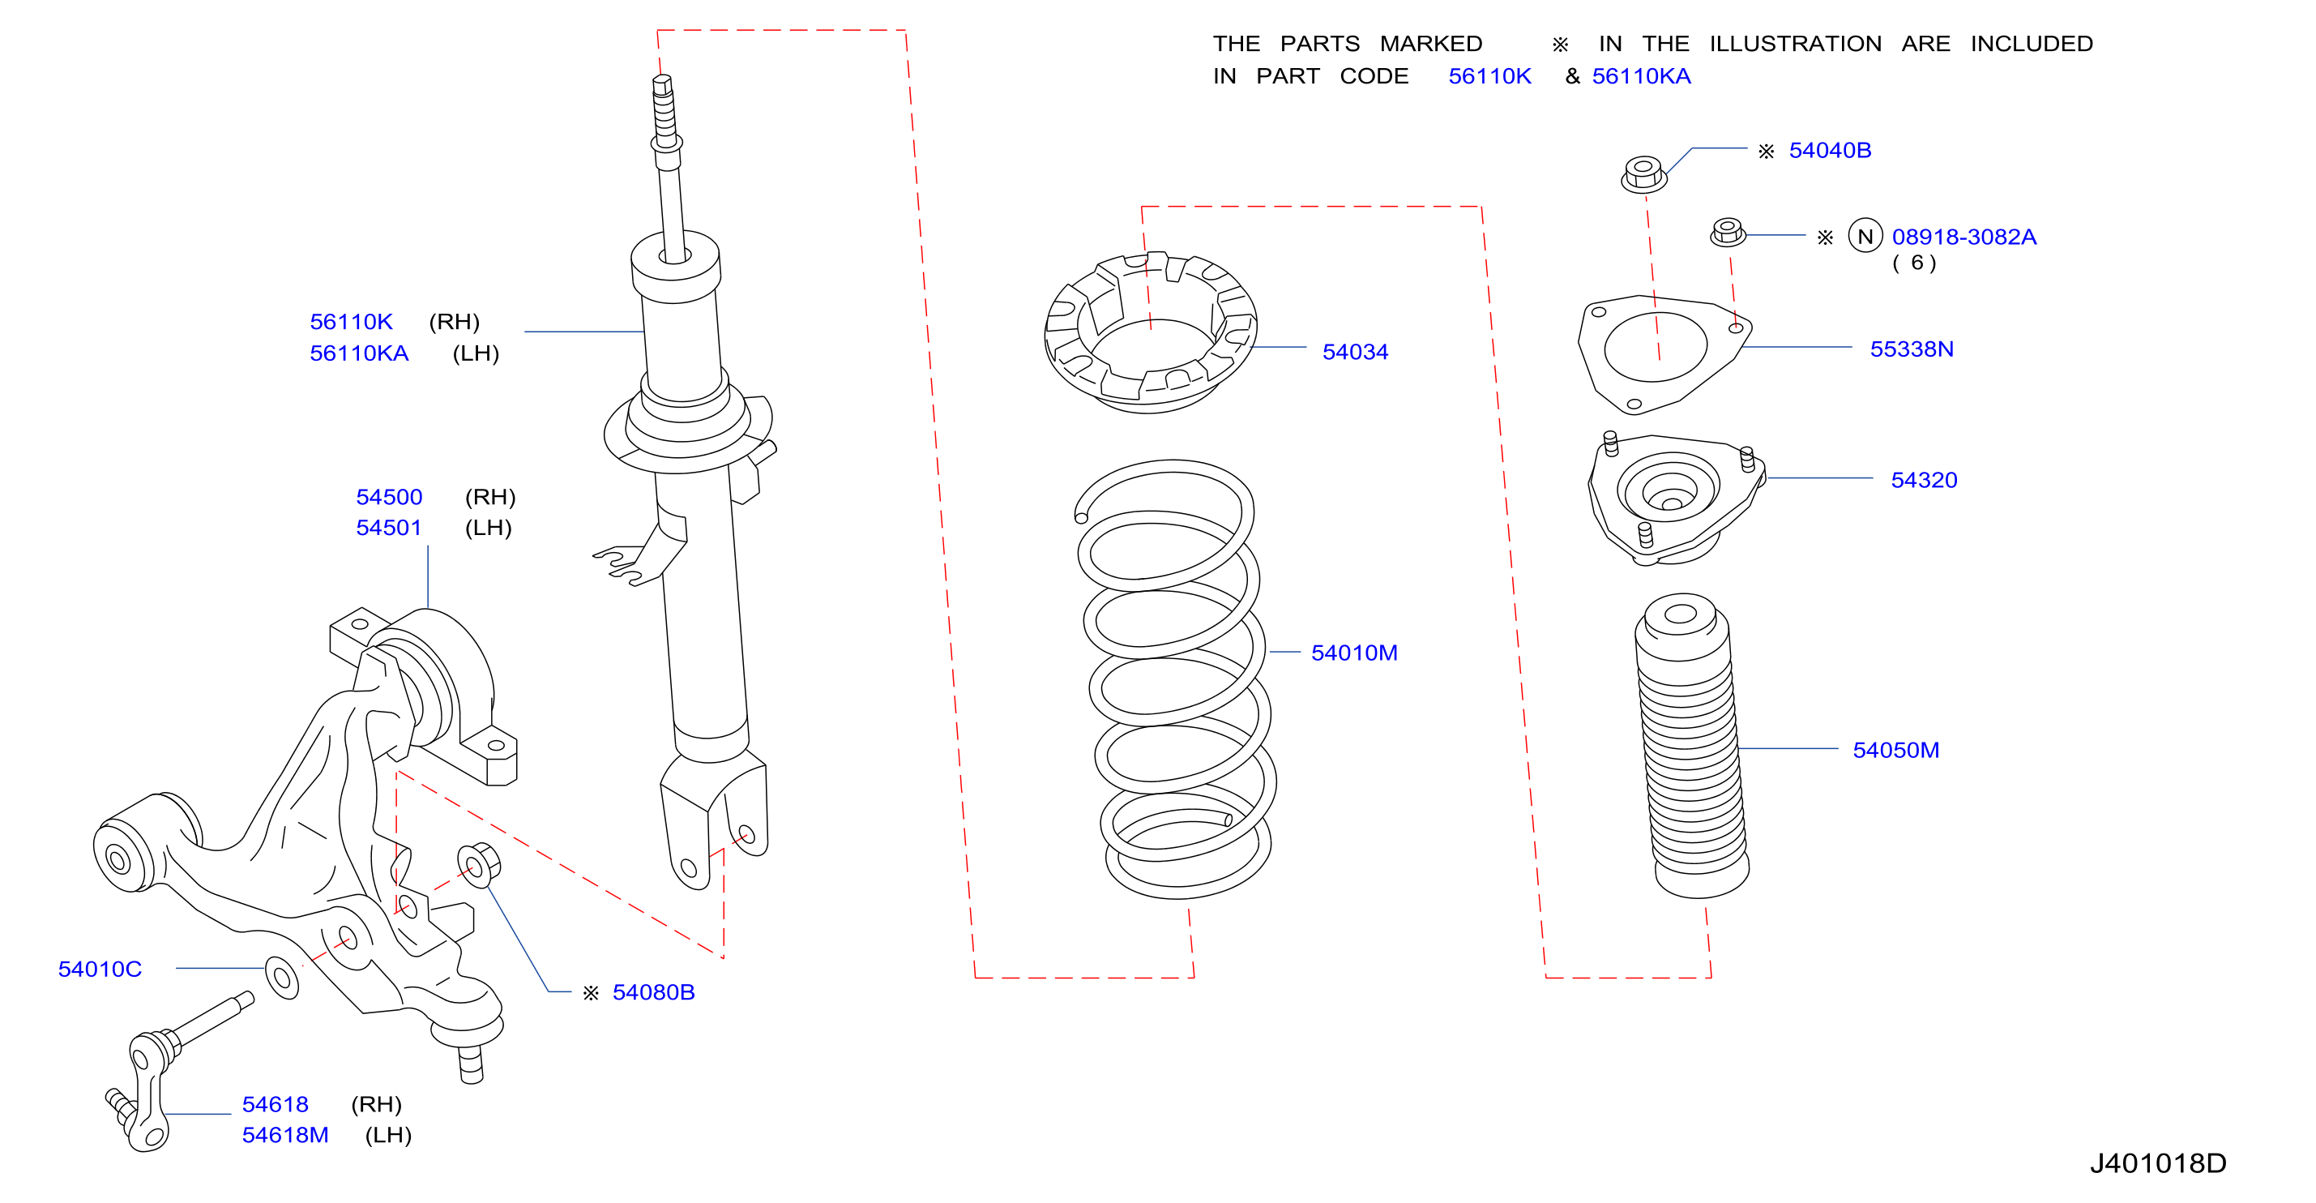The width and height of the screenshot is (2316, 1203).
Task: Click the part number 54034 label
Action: (x=1355, y=352)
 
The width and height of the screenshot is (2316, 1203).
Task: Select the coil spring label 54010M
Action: (x=1354, y=653)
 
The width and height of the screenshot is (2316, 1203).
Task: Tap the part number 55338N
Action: (x=1912, y=349)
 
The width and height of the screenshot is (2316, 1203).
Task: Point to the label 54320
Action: (x=1924, y=480)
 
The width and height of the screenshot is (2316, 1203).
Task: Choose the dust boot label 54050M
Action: (x=1896, y=750)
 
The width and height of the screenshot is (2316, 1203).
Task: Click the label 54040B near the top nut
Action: (x=1830, y=150)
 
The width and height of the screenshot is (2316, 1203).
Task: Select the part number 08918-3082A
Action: (x=1963, y=237)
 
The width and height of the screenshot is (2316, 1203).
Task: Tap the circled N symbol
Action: (x=1865, y=237)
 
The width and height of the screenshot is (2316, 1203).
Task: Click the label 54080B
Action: (x=654, y=991)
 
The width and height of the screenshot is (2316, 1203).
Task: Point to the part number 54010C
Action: (x=100, y=969)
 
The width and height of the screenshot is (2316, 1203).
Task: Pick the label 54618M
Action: (x=285, y=1135)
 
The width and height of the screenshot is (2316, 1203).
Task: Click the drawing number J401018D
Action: (x=2158, y=1163)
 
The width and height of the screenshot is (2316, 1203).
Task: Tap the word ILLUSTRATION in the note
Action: (x=1795, y=43)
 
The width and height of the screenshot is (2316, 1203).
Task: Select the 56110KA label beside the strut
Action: (x=359, y=353)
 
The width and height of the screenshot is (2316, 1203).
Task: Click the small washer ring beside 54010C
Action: (x=282, y=978)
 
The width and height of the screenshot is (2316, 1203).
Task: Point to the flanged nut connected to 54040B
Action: (x=1643, y=173)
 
